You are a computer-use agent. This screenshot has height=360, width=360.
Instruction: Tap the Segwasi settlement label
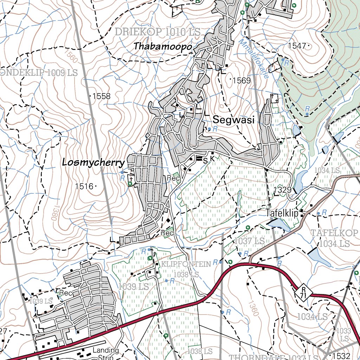click(234, 120)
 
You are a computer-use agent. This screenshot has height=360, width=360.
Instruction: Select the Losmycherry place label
click(93, 162)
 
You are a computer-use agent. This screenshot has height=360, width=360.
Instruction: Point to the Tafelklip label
click(282, 213)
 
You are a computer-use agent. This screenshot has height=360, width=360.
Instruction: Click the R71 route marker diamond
click(303, 292)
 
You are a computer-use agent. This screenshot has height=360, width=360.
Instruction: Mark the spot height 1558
click(101, 96)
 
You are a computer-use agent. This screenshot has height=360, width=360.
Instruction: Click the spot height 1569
click(241, 81)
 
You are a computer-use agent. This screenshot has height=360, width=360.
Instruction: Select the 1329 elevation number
click(283, 190)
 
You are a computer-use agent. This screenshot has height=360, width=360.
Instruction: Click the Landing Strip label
click(106, 353)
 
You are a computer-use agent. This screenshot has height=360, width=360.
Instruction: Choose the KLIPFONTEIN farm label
click(186, 264)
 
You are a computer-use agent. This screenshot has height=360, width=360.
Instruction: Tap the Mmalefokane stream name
click(254, 58)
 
